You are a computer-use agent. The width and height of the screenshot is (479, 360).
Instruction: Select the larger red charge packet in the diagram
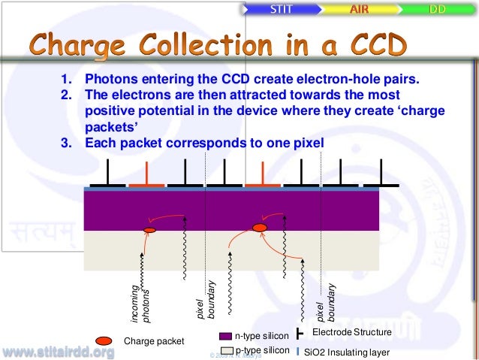tap(260, 227)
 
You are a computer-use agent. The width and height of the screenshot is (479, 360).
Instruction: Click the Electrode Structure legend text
tap(351, 332)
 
